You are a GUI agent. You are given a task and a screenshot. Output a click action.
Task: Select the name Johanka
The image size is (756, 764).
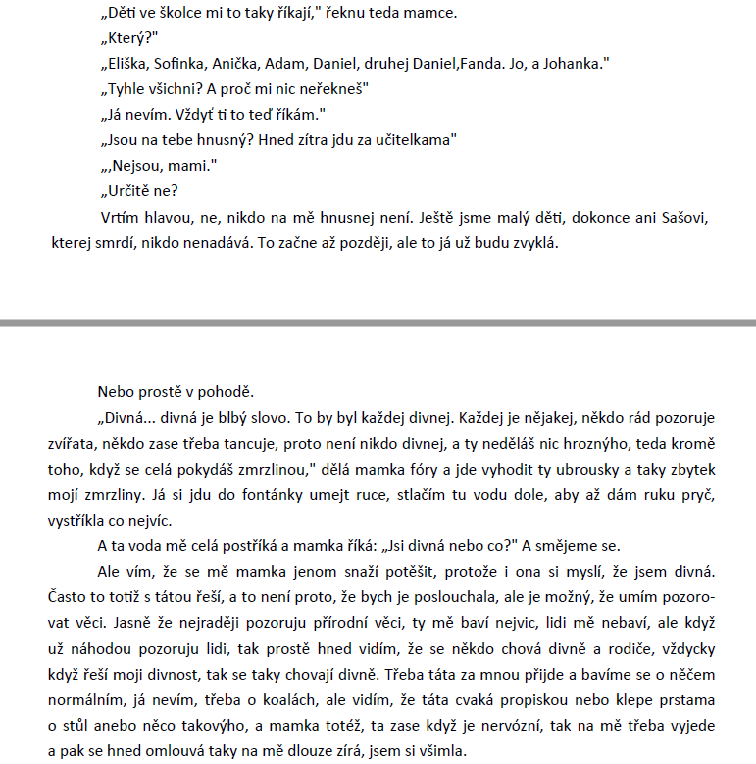[573, 64]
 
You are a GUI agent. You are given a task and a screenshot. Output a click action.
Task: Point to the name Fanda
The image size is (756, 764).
[484, 64]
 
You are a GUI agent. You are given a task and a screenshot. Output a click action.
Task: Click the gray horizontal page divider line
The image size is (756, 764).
[378, 322]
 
